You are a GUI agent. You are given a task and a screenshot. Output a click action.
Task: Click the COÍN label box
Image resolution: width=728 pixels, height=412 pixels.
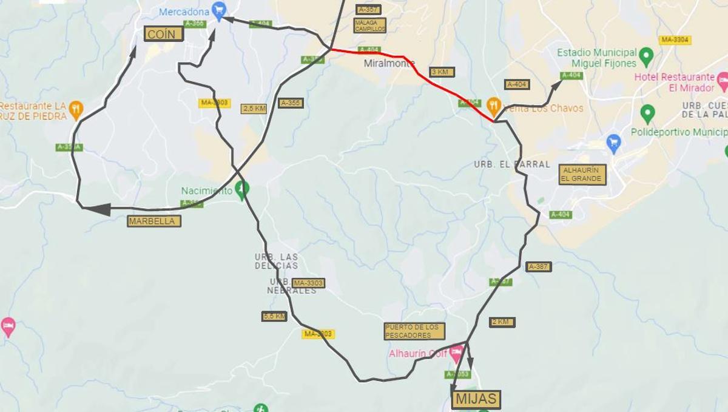(164, 34)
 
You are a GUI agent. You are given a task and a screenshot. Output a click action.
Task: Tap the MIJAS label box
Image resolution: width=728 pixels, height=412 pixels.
(476, 399)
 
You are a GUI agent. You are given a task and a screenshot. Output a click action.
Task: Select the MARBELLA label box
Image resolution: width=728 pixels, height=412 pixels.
(154, 221)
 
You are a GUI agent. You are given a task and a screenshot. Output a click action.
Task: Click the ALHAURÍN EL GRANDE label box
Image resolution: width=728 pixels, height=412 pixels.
(582, 175)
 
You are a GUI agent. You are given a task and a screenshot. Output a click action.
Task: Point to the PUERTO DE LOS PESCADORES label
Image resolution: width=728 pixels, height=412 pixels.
(414, 331)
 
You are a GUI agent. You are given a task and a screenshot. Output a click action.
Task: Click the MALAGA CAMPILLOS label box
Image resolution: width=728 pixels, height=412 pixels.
(369, 25)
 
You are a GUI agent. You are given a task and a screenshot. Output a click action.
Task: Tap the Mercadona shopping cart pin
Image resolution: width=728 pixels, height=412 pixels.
(219, 10)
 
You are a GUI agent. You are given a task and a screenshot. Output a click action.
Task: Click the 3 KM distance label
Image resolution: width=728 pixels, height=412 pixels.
(442, 72)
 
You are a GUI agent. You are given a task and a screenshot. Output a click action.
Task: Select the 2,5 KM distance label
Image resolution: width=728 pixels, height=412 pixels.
(254, 109)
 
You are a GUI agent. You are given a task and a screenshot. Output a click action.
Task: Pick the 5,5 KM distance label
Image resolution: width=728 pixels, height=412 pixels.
(274, 316)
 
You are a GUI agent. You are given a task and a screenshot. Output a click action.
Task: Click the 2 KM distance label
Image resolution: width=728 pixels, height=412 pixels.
(502, 322)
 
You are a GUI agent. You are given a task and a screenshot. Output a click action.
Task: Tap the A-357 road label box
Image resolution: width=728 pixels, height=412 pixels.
(368, 9)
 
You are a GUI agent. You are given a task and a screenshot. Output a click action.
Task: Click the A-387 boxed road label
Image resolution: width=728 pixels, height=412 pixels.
(538, 267)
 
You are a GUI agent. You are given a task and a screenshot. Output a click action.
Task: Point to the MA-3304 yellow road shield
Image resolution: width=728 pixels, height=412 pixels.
(675, 40)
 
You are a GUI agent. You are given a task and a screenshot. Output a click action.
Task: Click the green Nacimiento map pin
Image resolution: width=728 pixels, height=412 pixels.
(243, 189)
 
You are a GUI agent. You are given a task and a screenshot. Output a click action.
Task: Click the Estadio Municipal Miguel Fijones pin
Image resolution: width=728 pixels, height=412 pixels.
(646, 57)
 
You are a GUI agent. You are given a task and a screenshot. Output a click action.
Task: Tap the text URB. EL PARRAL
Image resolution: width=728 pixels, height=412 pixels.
(512, 164)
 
